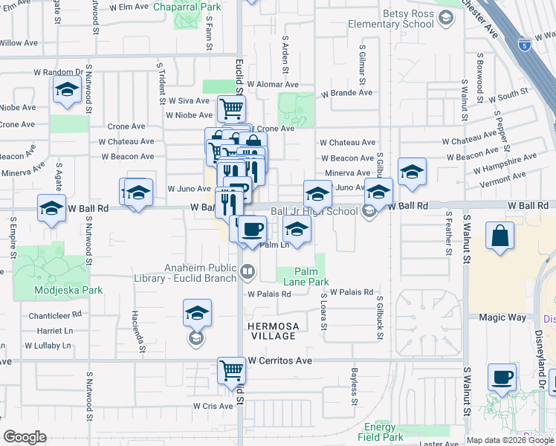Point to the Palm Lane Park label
tap(311, 277)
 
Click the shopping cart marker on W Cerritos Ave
tap(231, 369)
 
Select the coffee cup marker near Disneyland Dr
tap(502, 377)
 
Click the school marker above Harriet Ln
tap(197, 313)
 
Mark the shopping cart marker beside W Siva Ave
tap(231, 109)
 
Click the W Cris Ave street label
tap(213, 406)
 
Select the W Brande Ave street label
tap(346, 93)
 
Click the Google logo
tap(25, 437)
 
